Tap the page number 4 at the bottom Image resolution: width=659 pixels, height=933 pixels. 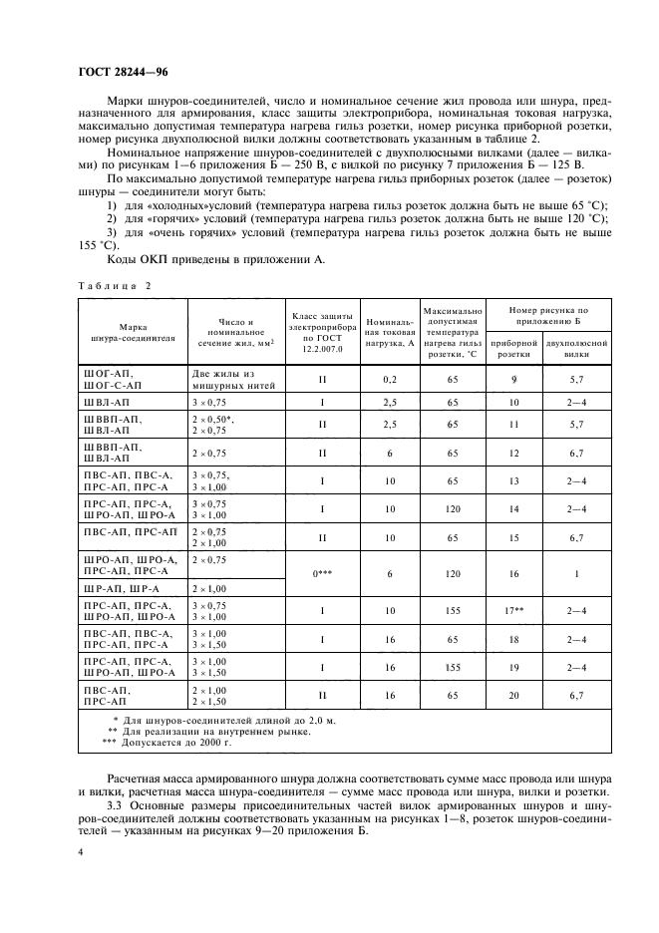80,852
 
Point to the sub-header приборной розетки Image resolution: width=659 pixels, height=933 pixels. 514,347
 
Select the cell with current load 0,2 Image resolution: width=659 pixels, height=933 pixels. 389,379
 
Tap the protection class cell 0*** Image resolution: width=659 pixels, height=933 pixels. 321,574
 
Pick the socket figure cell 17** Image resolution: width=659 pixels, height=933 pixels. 514,610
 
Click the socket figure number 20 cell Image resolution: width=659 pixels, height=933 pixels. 514,694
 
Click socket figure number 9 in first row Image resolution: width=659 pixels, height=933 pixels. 514,379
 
